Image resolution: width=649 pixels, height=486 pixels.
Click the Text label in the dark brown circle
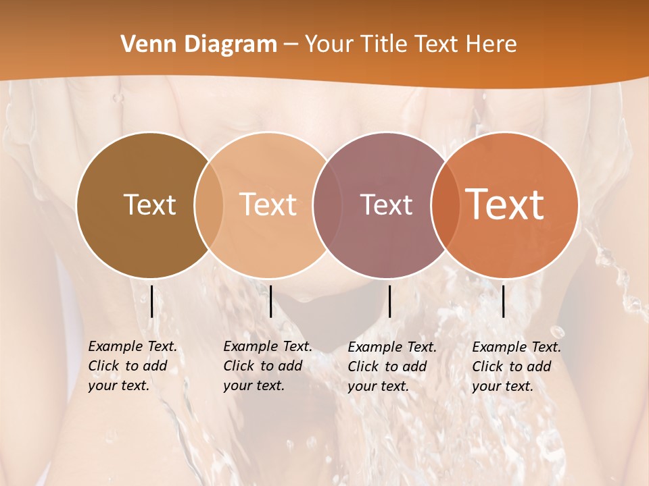pyautogui.click(x=149, y=205)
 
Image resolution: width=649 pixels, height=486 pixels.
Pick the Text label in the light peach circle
pyautogui.click(x=268, y=205)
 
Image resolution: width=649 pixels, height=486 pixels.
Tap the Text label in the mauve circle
pyautogui.click(x=386, y=205)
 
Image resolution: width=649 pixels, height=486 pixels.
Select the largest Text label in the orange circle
pyautogui.click(x=505, y=204)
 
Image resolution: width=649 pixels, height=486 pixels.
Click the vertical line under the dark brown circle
pyautogui.click(x=151, y=301)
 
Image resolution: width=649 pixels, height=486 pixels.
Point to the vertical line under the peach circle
pyautogui.click(x=270, y=301)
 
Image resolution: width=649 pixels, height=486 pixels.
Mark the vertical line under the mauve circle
pyautogui.click(x=389, y=301)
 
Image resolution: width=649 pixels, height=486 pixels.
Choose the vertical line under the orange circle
pyautogui.click(x=503, y=301)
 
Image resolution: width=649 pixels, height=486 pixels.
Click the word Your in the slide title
pyautogui.click(x=329, y=45)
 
